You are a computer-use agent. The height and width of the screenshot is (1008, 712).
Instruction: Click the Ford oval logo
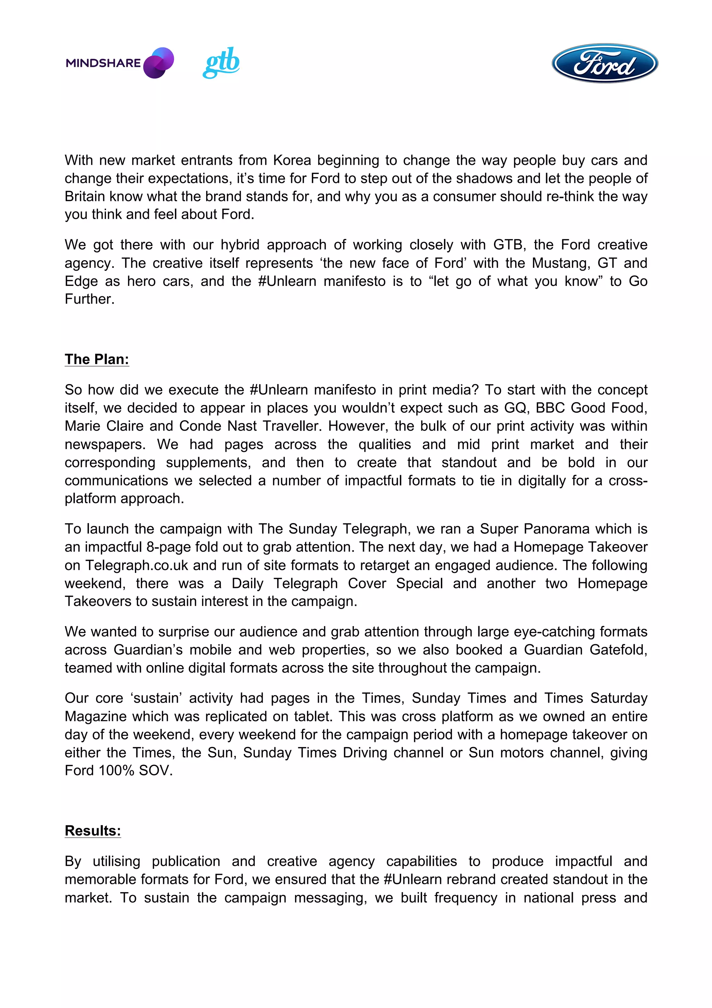tap(605, 63)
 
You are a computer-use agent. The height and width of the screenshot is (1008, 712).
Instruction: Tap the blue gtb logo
tap(221, 62)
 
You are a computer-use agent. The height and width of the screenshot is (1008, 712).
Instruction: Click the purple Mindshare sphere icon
tap(159, 63)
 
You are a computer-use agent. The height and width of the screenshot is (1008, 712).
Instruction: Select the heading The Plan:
tap(97, 359)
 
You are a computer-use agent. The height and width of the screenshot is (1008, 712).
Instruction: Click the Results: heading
tap(92, 831)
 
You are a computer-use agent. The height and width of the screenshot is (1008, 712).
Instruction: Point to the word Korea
tap(292, 160)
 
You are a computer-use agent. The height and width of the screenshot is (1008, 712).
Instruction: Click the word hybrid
tap(240, 245)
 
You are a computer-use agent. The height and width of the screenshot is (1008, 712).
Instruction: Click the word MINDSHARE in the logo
tap(103, 63)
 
